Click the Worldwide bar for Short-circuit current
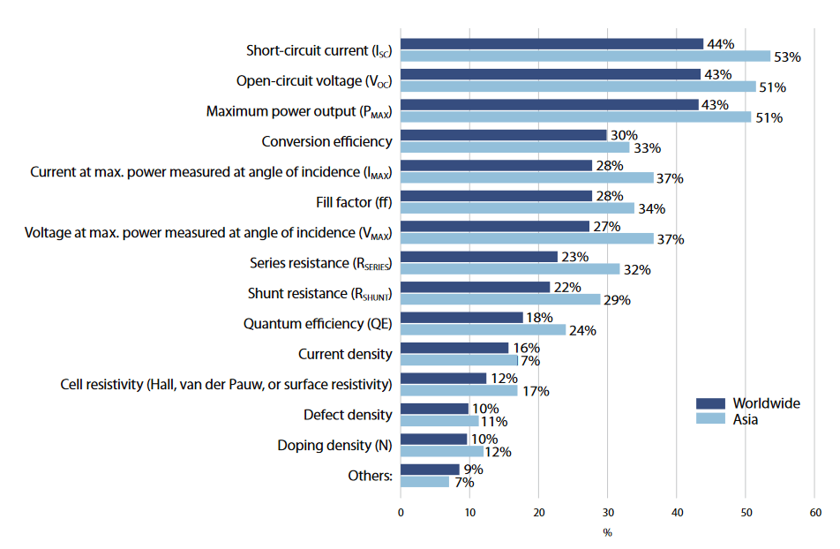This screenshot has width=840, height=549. click(x=552, y=44)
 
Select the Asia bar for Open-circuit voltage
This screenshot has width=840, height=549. click(x=578, y=86)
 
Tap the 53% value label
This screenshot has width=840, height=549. click(x=787, y=57)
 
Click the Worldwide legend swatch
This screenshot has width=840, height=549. click(x=709, y=403)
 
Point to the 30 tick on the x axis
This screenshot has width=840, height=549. click(x=608, y=512)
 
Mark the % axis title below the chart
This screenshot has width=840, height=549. click(x=607, y=532)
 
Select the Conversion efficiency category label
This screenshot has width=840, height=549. click(x=326, y=141)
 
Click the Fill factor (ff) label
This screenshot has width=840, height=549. click(x=353, y=202)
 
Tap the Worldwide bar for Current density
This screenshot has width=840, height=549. click(x=454, y=348)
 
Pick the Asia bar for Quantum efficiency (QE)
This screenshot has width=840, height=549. click(x=484, y=330)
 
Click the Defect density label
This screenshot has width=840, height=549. click(x=347, y=414)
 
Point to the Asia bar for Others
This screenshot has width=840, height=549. click(x=425, y=482)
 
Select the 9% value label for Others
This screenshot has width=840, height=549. click(x=473, y=469)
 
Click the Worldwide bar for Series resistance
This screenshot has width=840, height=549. click(x=480, y=257)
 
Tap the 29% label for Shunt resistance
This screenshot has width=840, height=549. click(x=616, y=300)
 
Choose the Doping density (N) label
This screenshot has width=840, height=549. click(x=334, y=445)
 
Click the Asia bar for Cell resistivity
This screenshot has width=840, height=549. click(x=459, y=390)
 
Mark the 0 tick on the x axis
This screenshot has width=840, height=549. click(x=401, y=512)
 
